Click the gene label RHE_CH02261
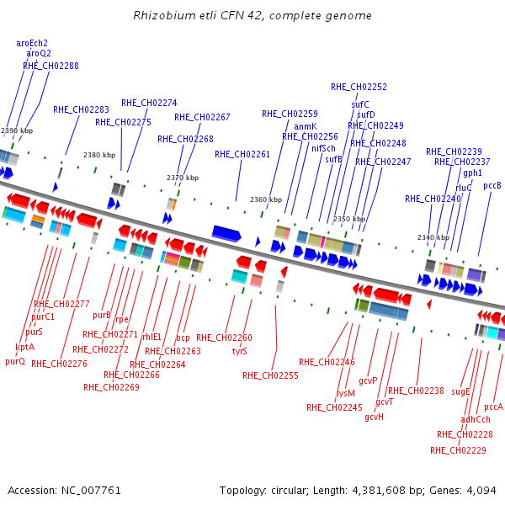tap(242, 155)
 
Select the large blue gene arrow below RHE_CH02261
tap(226, 233)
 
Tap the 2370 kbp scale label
tap(183, 178)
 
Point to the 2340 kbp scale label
tap(433, 237)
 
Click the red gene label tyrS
tap(240, 351)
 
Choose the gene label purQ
tap(15, 362)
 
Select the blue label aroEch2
tap(32, 43)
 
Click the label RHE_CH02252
tap(359, 87)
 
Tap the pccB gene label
tap(492, 186)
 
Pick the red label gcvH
tap(375, 417)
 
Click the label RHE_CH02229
tap(458, 450)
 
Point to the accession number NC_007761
tap(91, 491)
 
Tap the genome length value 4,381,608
tap(379, 491)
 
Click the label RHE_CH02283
tap(81, 109)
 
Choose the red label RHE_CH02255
tap(270, 375)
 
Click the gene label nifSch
tap(323, 148)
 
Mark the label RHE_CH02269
tap(111, 387)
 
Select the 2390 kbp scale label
tap(17, 130)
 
